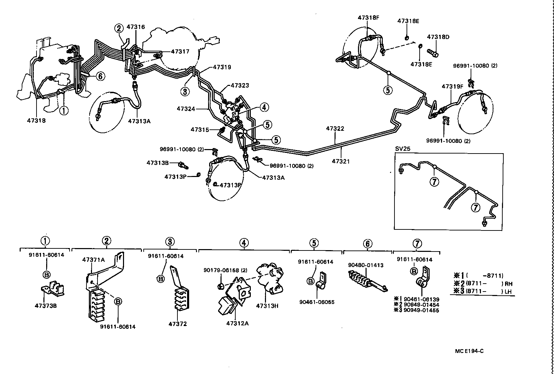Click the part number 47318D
[x=438, y=37]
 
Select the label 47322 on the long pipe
[x=335, y=128]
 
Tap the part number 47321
[x=341, y=161]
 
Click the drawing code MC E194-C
[x=469, y=351]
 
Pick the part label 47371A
[x=93, y=260]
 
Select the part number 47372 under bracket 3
[x=177, y=324]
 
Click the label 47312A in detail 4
[x=237, y=323]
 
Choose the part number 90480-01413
[x=366, y=265]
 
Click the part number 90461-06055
[x=317, y=302]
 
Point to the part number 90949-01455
[x=421, y=310]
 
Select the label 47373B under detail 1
[x=45, y=305]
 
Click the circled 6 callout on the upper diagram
[x=100, y=76]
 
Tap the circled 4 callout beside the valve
[x=264, y=107]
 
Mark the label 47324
[x=186, y=109]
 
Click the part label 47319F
[x=452, y=86]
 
